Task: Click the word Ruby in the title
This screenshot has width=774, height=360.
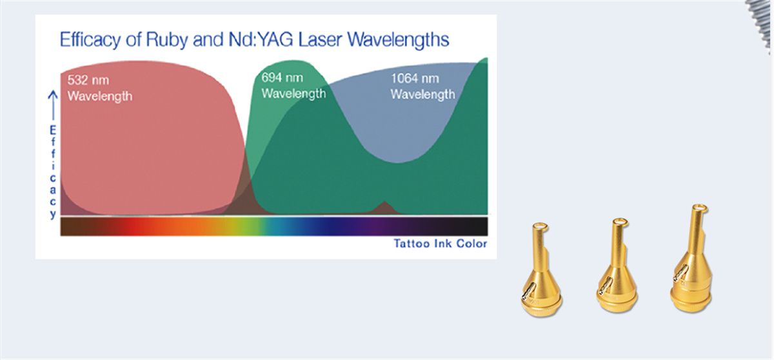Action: point(167,41)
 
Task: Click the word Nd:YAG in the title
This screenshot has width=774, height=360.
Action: point(261,40)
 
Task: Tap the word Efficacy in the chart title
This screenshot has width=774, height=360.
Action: point(90,41)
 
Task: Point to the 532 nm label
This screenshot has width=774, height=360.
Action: point(88,80)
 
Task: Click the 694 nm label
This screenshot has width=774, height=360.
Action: point(282,77)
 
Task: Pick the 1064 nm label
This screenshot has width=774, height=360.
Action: point(415,79)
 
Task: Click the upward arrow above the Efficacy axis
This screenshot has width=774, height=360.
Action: point(53,106)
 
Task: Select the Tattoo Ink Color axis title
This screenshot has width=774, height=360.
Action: point(441,244)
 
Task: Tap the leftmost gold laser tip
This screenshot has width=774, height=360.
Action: point(541,270)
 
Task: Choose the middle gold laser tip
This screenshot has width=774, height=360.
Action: point(617,265)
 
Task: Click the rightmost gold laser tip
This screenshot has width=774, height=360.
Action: point(691,259)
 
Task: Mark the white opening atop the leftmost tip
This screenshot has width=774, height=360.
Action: point(541,227)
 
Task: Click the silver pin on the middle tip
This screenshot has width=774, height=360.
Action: point(606,285)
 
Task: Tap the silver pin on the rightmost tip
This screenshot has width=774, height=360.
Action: point(680,272)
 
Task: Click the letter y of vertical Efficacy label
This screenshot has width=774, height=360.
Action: point(53,214)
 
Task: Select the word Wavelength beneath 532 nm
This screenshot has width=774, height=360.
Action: point(100,96)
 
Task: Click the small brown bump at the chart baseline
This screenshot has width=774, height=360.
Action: point(384,208)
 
